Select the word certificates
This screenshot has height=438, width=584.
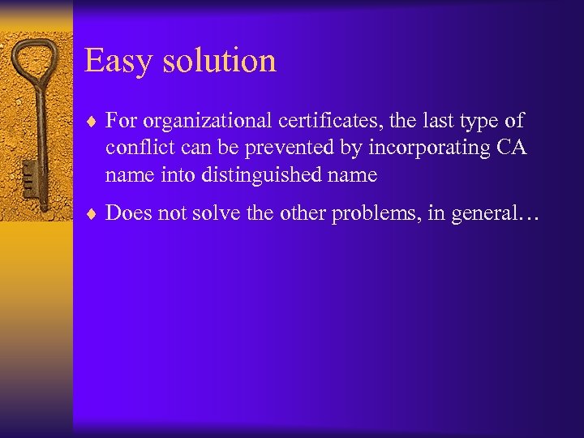(329, 122)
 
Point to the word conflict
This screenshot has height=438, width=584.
(135, 148)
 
